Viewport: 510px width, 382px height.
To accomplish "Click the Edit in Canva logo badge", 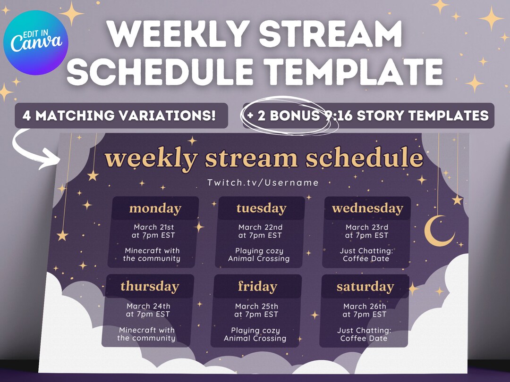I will pos(36,43).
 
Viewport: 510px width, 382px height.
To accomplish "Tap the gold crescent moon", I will pos(436,232).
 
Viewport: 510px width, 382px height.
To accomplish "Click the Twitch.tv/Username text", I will pos(263,183).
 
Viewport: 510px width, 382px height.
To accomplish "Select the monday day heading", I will pos(155,208).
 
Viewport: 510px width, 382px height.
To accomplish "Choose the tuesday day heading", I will pos(261,208).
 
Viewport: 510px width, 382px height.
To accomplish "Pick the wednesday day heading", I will pos(367,208).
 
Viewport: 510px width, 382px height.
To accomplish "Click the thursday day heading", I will pos(150,286).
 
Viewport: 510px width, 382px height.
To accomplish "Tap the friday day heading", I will pos(257,286).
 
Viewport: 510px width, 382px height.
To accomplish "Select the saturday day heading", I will pos(365,286).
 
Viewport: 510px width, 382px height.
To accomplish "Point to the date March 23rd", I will pos(367,227).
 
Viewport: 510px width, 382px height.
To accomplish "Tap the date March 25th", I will pos(256,307).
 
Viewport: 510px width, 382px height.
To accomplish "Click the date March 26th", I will pos(365,307).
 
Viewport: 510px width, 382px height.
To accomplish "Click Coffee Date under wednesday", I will pos(366,258).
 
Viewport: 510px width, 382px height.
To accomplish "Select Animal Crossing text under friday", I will pos(255,338).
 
